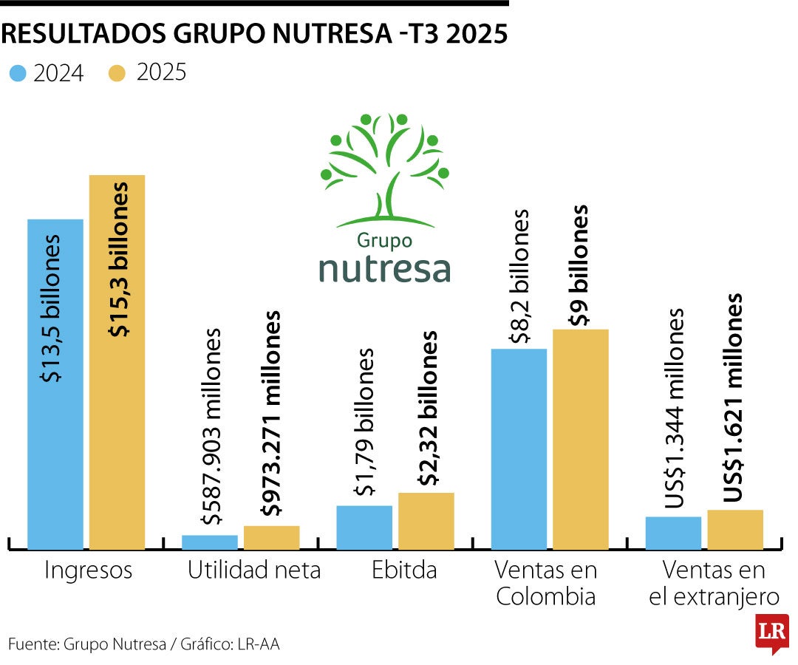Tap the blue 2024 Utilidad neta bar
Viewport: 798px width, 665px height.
(210, 542)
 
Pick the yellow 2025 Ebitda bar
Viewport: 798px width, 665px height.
(426, 520)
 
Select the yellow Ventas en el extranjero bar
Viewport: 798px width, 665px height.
(735, 529)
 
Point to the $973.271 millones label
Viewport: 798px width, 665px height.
(273, 414)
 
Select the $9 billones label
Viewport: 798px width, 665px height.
(581, 265)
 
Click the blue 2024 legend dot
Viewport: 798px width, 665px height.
(18, 73)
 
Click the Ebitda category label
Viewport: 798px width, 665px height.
(404, 570)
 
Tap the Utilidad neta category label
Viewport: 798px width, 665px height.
(254, 570)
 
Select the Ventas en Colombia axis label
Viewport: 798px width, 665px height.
(545, 583)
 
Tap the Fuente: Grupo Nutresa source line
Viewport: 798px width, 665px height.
(144, 644)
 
